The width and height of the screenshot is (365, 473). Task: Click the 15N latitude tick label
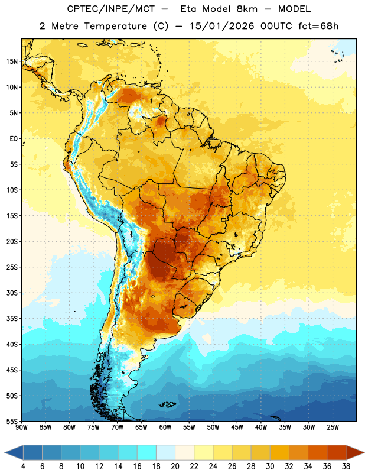(12, 61)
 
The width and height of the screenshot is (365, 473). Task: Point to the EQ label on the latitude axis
(14, 139)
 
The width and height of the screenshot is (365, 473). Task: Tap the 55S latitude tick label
(12, 422)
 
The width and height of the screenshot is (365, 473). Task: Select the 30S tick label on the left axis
(12, 293)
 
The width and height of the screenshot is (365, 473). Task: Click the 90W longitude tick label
(21, 427)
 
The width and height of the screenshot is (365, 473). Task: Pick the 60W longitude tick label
(165, 427)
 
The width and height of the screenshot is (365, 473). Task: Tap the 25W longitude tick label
(333, 427)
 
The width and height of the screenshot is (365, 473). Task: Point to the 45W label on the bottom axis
(237, 427)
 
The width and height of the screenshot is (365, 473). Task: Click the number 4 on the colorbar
(23, 466)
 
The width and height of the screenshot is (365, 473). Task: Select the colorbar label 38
(346, 466)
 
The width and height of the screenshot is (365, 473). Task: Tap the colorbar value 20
(175, 466)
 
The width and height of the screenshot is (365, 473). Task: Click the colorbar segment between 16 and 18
(147, 453)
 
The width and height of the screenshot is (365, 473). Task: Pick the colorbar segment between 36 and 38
(337, 453)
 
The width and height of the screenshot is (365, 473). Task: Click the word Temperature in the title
(115, 26)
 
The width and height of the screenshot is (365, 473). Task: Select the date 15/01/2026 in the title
(222, 26)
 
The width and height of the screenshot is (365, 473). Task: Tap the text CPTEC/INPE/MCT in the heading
(111, 9)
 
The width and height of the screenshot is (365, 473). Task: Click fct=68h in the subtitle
(318, 26)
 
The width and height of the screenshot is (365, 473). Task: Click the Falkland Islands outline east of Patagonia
(168, 404)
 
